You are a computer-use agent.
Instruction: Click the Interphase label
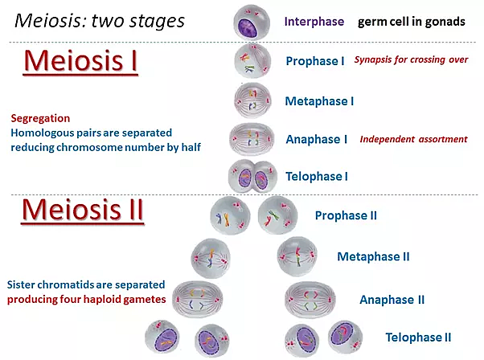point(314,21)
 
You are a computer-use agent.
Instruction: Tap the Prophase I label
point(316,60)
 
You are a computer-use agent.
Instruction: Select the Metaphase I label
point(319,100)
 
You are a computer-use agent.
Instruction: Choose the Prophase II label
point(346,215)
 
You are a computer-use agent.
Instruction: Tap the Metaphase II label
point(373,257)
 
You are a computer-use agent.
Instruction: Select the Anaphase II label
point(392,300)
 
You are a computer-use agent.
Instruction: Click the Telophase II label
point(418,337)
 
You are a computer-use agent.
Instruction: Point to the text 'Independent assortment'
point(413,139)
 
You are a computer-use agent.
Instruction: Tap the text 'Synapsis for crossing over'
point(411,60)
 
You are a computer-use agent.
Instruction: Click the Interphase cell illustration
point(252,20)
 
